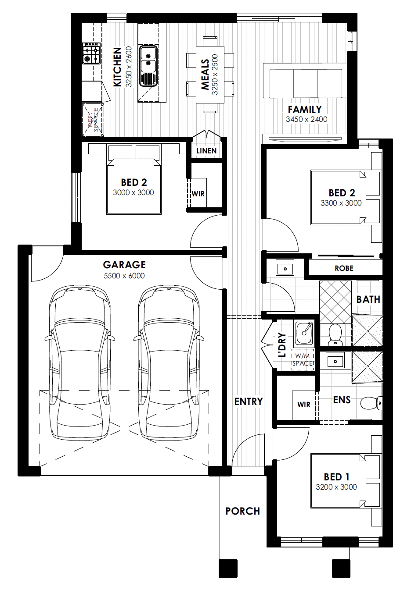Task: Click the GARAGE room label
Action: click(x=124, y=265)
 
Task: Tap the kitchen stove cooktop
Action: click(x=91, y=53)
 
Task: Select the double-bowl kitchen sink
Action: click(x=148, y=66)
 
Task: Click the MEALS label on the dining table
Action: click(x=205, y=75)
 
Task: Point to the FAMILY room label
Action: click(x=305, y=110)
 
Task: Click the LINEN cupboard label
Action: click(x=206, y=151)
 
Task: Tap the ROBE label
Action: click(x=344, y=268)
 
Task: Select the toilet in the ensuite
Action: click(x=372, y=403)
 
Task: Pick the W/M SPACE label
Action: click(x=302, y=359)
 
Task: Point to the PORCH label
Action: click(x=242, y=511)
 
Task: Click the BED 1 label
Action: click(x=336, y=477)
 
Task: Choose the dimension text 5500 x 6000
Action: click(x=124, y=276)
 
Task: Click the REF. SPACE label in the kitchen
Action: click(x=93, y=121)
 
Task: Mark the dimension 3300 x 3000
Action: click(x=341, y=203)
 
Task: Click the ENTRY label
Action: click(x=248, y=402)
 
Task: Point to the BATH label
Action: click(x=368, y=299)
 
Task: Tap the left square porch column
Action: click(x=228, y=568)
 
